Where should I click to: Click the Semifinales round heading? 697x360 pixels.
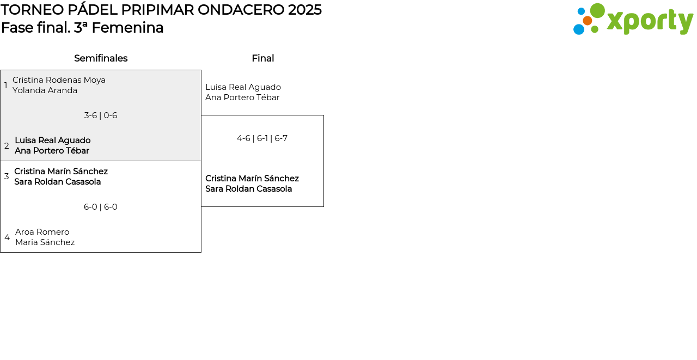(x=101, y=58)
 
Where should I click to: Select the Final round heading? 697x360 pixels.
(x=263, y=58)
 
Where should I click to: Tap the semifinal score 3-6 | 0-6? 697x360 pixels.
(x=101, y=115)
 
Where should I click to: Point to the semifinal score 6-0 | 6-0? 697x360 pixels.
(x=101, y=207)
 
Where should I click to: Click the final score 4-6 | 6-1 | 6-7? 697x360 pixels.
(x=262, y=138)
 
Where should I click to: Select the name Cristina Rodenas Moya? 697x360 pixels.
(x=59, y=80)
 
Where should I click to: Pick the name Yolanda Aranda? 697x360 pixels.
(x=45, y=90)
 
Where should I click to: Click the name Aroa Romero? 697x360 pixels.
(x=42, y=232)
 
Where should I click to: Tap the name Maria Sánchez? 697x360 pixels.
(x=45, y=242)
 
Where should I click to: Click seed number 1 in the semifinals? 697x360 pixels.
(x=5, y=86)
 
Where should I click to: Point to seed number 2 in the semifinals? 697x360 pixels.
(x=7, y=145)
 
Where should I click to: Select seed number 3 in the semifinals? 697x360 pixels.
(x=7, y=176)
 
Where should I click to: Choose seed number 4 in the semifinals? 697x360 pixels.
(x=7, y=237)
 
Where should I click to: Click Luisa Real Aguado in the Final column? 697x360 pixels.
(x=243, y=87)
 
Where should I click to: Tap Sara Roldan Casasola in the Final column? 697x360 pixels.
(x=249, y=189)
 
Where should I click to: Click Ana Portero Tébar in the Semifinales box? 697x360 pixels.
(x=52, y=151)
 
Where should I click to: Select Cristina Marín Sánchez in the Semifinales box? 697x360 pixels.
(x=61, y=172)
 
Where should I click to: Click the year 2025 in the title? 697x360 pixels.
(x=304, y=10)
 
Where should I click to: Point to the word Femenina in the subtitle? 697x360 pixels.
(x=127, y=28)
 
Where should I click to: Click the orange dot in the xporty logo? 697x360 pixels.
(x=588, y=21)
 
